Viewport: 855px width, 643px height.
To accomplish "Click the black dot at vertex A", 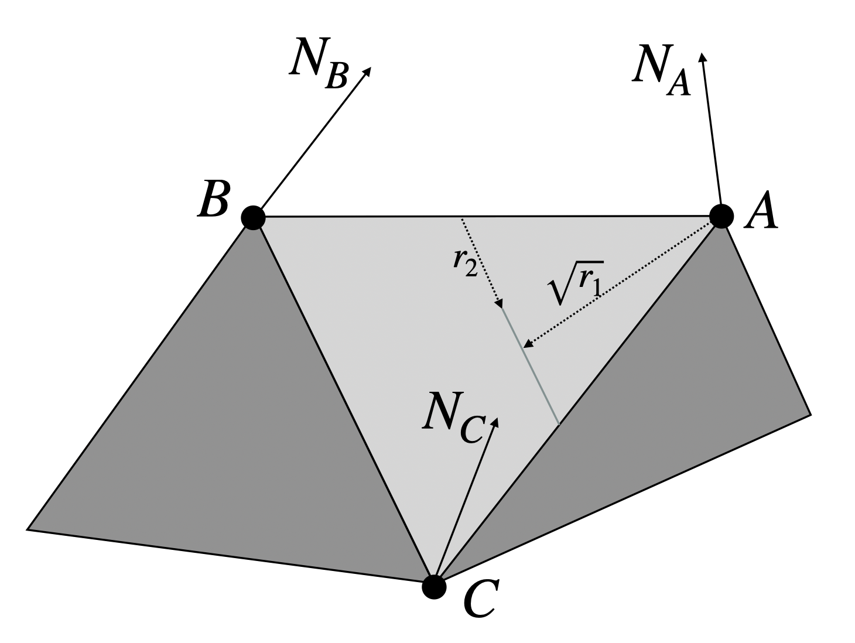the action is pyautogui.click(x=721, y=216).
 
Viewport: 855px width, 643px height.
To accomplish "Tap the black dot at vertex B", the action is pyautogui.click(x=253, y=218).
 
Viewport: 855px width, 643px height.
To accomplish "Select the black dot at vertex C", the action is pyautogui.click(x=434, y=587).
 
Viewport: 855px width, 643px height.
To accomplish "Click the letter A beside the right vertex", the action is pyautogui.click(x=761, y=213).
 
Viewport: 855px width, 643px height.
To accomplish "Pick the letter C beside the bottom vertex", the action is pyautogui.click(x=479, y=601).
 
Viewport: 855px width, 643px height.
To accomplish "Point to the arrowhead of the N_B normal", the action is pyautogui.click(x=368, y=70).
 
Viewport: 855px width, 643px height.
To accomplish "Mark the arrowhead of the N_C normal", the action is pyautogui.click(x=495, y=422).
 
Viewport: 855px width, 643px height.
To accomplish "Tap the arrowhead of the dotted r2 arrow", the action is pyautogui.click(x=500, y=304).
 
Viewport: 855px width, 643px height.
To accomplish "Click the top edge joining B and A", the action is pyautogui.click(x=486, y=217).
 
